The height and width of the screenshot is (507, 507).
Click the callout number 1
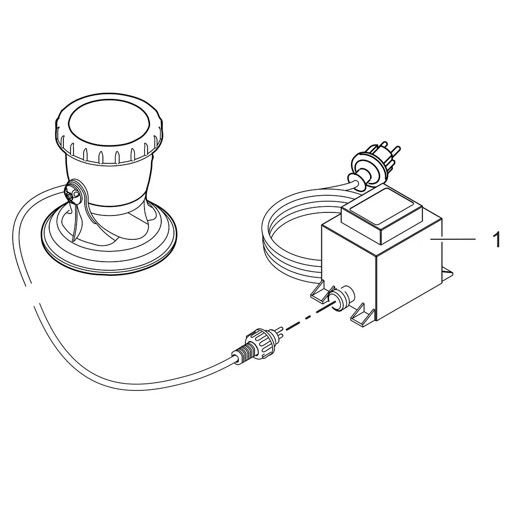pyautogui.click(x=496, y=239)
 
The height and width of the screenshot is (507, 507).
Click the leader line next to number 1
pyautogui.click(x=453, y=239)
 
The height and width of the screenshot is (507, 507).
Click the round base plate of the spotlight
pyautogui.click(x=110, y=241)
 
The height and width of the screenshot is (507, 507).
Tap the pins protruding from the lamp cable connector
pyautogui.click(x=279, y=331)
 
